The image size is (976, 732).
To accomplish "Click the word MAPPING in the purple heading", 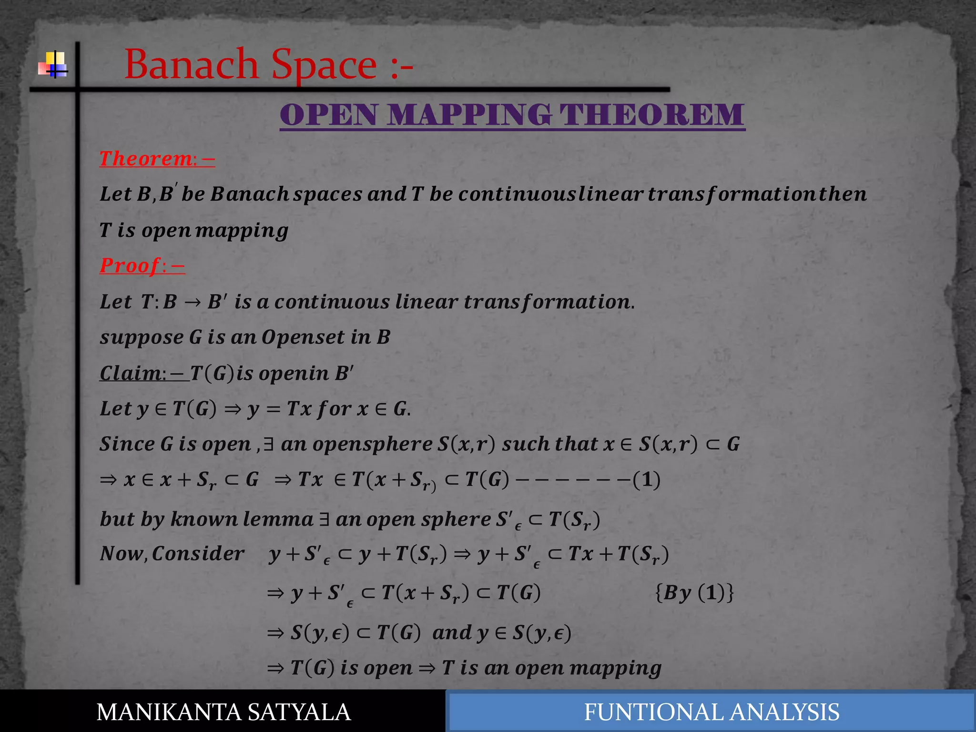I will (x=469, y=115).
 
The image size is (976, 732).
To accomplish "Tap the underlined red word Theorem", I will (x=146, y=159).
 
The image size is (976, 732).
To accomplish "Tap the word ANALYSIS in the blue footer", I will (x=784, y=712).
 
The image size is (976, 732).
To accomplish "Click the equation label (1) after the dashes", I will (x=646, y=480).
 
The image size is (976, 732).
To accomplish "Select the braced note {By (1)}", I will (x=694, y=593).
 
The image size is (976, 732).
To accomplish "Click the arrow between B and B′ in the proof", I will (x=192, y=302).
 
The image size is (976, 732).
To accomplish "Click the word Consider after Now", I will (x=198, y=554).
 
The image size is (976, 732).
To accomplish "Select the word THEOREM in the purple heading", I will (x=651, y=115).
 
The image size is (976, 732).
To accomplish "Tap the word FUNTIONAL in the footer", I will (x=653, y=712).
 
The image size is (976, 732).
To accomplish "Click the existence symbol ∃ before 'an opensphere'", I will (x=269, y=444).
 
